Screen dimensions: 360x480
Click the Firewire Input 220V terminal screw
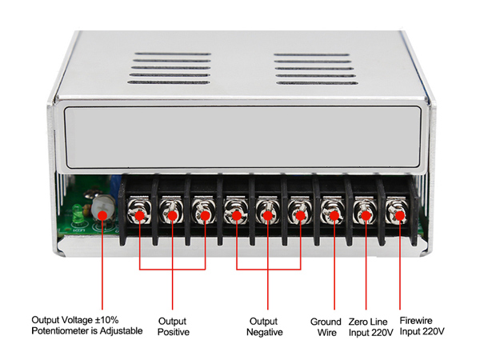tap(396, 214)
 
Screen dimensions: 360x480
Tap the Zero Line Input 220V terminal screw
tap(364, 214)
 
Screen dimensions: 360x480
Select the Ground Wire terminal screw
tap(331, 214)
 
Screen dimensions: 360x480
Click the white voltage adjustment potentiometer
tap(102, 211)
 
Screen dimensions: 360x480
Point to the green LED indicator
tap(77, 214)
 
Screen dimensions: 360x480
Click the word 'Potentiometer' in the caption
tap(60, 331)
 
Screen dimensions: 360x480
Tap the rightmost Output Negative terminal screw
tap(299, 214)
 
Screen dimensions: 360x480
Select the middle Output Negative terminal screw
tap(267, 214)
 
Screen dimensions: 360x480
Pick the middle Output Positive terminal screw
tap(173, 214)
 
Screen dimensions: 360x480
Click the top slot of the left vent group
tap(173, 57)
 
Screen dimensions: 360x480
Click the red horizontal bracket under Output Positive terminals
tap(173, 269)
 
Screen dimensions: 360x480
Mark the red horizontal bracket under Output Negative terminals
tap(267, 269)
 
